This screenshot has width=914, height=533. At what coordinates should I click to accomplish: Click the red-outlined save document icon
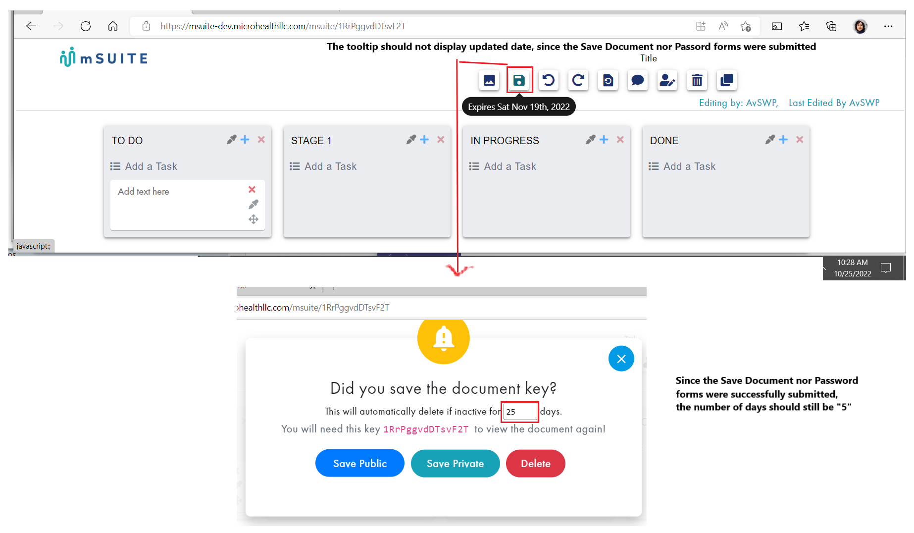coord(519,80)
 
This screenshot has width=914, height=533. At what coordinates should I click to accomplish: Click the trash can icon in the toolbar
coord(697,80)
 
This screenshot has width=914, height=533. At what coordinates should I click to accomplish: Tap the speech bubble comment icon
coord(638,80)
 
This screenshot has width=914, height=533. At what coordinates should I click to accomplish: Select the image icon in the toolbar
coord(489,80)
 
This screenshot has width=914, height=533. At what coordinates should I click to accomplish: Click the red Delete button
coord(535,464)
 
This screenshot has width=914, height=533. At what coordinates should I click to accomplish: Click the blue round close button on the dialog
coord(621,359)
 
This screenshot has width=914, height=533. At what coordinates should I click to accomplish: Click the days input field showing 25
coord(520,412)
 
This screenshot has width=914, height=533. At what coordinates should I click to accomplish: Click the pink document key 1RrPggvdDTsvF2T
coord(426,429)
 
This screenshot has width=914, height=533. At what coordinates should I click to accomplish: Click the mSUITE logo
coord(103,58)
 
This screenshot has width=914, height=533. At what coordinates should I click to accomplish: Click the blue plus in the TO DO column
coord(245,140)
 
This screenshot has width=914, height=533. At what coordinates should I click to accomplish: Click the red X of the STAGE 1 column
coord(441,140)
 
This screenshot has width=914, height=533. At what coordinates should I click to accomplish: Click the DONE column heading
coord(664,141)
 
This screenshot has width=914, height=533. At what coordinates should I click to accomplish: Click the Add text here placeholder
coord(144,192)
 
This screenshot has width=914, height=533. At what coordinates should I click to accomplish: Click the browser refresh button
coord(86,26)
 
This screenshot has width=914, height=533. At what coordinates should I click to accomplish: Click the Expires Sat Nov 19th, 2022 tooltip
coord(519,107)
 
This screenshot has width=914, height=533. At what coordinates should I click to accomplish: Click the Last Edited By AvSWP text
coord(834,103)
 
